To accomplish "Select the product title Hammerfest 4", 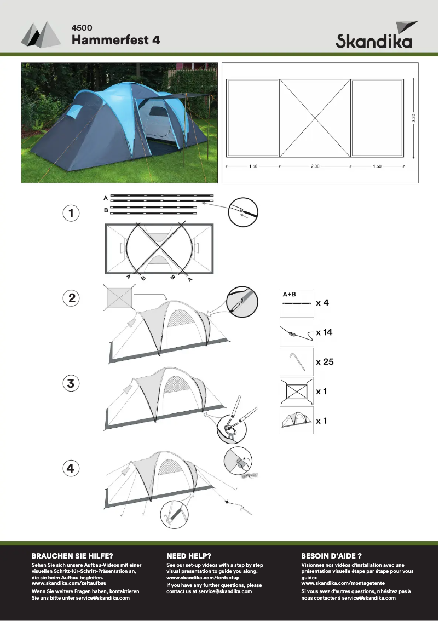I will tap(115, 40).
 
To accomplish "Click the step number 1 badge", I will tap(71, 214).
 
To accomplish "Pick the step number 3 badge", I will tap(71, 383).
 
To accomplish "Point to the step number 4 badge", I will tap(71, 468).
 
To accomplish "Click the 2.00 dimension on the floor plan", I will tap(315, 166).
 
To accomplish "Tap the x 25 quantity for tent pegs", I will tap(325, 362).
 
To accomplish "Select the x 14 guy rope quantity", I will tap(324, 332).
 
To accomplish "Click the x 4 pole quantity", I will tap(322, 303).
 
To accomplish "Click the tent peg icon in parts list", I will tap(296, 362).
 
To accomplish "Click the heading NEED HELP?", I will tap(189, 555).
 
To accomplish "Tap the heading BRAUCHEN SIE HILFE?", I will tap(72, 555).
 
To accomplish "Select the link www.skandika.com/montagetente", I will tap(343, 584).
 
